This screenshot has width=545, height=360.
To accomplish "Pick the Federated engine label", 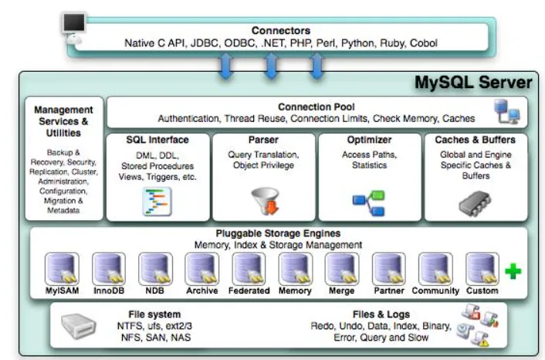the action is tap(249, 291).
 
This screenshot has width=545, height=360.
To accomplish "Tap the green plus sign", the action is tap(514, 271).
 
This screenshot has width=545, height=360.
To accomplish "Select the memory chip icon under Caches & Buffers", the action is tap(475, 202).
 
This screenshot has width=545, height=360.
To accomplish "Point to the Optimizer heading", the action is tap(369, 140).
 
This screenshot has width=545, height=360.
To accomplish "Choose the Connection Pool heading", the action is tap(317, 107).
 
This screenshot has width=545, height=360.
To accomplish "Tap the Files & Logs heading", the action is tap(381, 314).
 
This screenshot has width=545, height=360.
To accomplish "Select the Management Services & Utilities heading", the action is tap(63, 121).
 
